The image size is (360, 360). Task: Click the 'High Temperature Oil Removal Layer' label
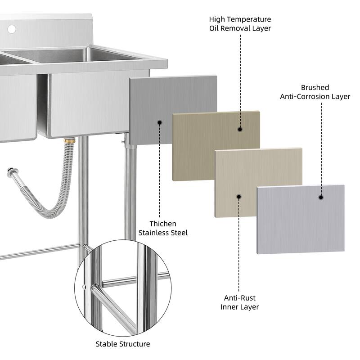[240, 24]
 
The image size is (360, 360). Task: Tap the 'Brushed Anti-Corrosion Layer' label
[315, 92]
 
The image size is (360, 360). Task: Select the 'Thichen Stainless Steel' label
[163, 228]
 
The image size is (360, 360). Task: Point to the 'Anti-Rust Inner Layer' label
[239, 302]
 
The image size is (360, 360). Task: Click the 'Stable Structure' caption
[123, 344]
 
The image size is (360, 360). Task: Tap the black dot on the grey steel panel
[159, 122]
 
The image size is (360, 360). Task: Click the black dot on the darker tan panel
[240, 129]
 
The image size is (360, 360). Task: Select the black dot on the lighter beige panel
[239, 197]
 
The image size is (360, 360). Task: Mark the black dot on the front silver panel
[321, 197]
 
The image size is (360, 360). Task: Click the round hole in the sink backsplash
[11, 29]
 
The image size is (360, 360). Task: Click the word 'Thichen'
[163, 224]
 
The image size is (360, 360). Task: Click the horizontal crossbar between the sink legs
[40, 251]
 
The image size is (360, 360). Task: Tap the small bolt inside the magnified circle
[84, 287]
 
